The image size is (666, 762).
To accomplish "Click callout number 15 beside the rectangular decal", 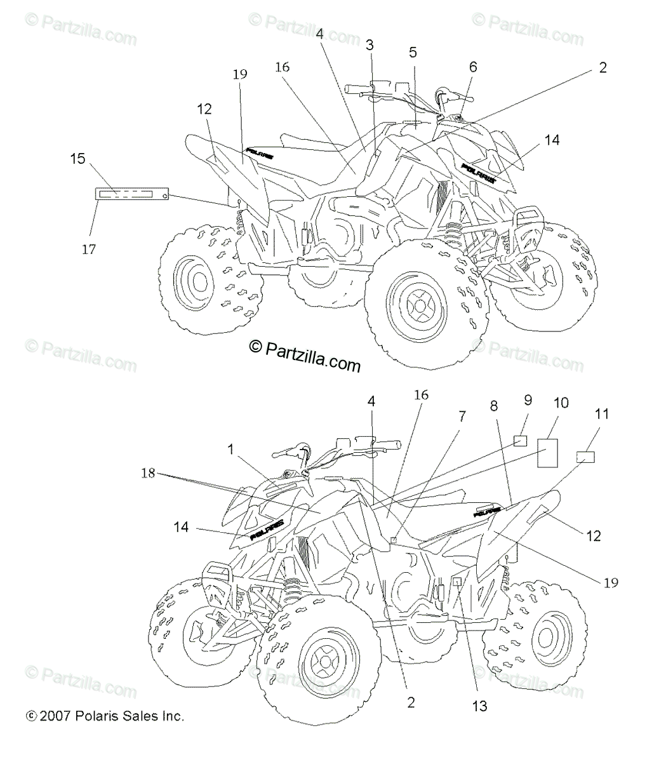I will pyautogui.click(x=77, y=158).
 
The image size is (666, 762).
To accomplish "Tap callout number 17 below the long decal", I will pyautogui.click(x=89, y=250).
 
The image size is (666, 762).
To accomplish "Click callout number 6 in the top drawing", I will pyautogui.click(x=473, y=67).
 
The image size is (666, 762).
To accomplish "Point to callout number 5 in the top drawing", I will pyautogui.click(x=413, y=53).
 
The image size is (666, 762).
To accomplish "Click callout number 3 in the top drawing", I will pyautogui.click(x=370, y=44).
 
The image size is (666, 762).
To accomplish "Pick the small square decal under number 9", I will pyautogui.click(x=521, y=441).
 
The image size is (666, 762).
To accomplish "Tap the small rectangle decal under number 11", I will pyautogui.click(x=585, y=457).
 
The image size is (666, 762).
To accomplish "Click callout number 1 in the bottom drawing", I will pyautogui.click(x=230, y=450).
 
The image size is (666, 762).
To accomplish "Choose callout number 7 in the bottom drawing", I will pyautogui.click(x=462, y=417).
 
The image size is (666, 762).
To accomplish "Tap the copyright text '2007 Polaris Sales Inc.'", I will pyautogui.click(x=105, y=716).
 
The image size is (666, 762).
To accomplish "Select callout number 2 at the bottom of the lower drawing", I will pyautogui.click(x=411, y=702).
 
